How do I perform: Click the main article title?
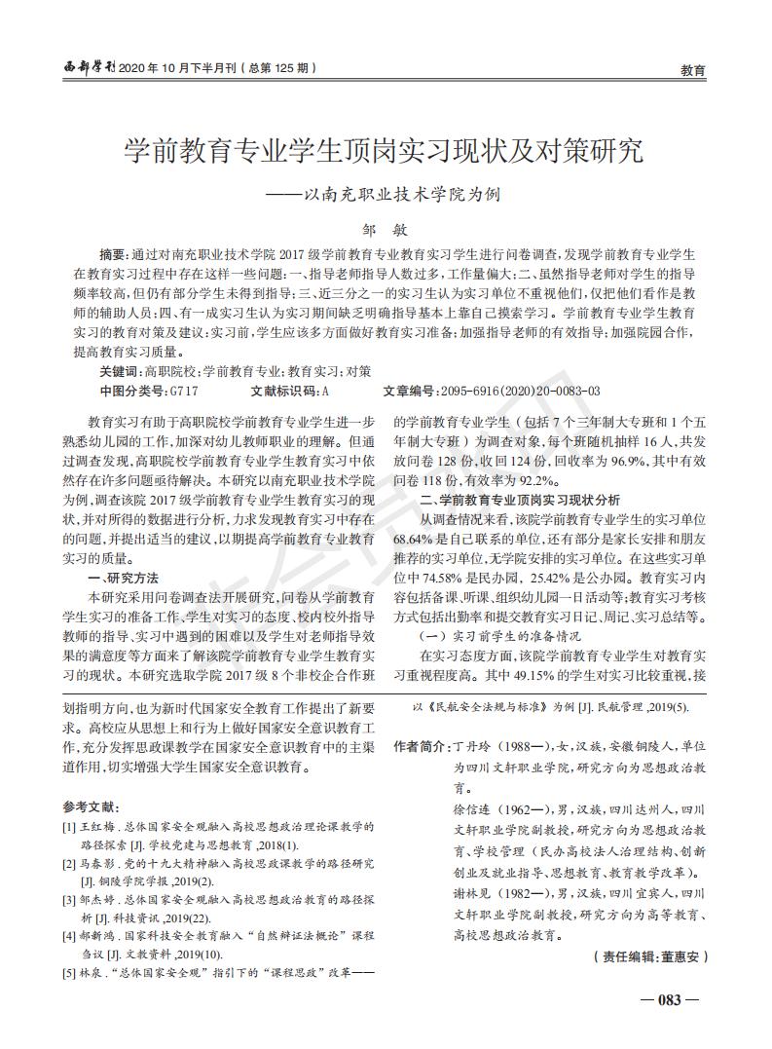pos(385,151)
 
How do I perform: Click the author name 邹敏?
pos(386,224)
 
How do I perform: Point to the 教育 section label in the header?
pos(692,70)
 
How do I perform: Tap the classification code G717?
pos(184,391)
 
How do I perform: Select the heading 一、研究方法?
pos(123,577)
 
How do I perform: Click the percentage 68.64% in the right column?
pos(413,537)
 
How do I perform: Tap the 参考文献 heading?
pos(90,807)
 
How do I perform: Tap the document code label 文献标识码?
pos(284,391)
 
